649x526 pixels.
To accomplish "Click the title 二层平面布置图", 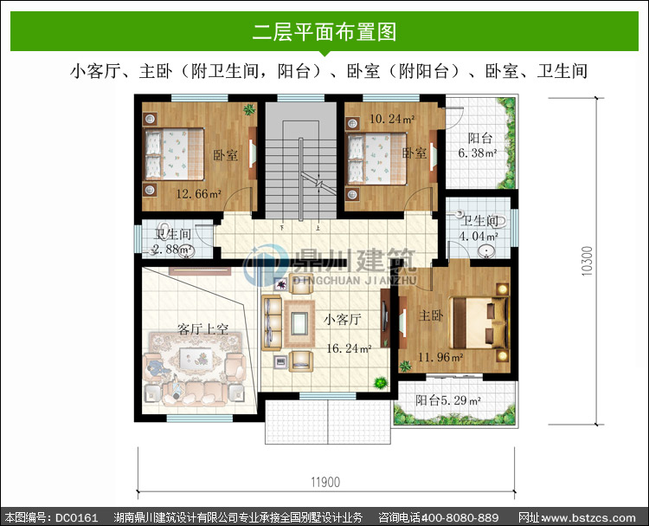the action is click(324, 32).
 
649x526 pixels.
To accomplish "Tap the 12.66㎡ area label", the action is click(199, 193).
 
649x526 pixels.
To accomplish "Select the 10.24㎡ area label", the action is click(392, 119).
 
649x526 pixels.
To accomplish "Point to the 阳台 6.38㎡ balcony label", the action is click(478, 146).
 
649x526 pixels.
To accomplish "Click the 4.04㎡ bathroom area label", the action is click(479, 237).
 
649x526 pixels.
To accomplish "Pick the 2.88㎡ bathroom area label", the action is click(173, 250).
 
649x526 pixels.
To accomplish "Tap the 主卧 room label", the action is click(431, 315).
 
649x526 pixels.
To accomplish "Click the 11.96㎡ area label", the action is click(440, 357).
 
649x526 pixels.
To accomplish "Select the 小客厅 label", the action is click(343, 320).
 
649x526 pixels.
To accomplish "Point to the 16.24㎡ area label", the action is click(349, 348).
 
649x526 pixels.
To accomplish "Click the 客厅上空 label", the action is click(202, 329).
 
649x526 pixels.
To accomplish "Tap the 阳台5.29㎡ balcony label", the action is click(448, 400).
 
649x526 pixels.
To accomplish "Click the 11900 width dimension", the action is click(325, 482).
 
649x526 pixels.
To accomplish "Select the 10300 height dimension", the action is click(587, 261).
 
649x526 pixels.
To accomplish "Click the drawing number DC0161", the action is click(76, 517).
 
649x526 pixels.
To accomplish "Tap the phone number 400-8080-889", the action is click(459, 517).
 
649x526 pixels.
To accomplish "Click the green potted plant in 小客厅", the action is click(381, 382).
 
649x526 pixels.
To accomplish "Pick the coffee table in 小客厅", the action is click(299, 323).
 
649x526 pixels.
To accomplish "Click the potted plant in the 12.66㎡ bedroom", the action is click(249, 109).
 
